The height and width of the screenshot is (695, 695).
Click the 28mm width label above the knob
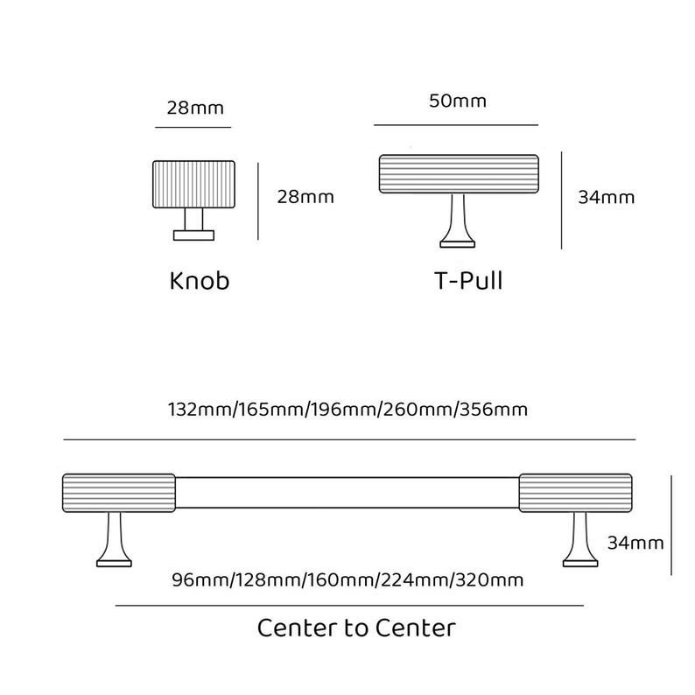[195, 109]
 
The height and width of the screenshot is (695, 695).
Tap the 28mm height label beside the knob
[305, 197]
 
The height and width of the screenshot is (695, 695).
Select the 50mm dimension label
[458, 101]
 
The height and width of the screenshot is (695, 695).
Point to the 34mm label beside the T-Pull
[606, 197]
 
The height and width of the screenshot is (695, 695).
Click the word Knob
[200, 281]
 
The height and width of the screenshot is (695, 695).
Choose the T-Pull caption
[468, 281]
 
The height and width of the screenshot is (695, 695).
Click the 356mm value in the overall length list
[494, 409]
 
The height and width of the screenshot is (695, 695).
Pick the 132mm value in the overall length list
[200, 409]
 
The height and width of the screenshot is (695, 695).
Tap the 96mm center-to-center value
[200, 579]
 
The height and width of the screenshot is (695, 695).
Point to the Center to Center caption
[356, 628]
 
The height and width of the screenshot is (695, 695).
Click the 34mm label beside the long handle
[635, 543]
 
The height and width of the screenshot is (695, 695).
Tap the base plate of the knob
[193, 235]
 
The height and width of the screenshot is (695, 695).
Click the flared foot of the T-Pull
[458, 221]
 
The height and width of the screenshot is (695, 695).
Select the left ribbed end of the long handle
[119, 493]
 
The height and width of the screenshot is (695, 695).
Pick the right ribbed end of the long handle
[575, 493]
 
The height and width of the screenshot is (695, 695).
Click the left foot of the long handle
[114, 539]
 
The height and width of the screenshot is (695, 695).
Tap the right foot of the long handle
[580, 539]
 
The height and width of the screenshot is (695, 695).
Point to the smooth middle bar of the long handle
[347, 493]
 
